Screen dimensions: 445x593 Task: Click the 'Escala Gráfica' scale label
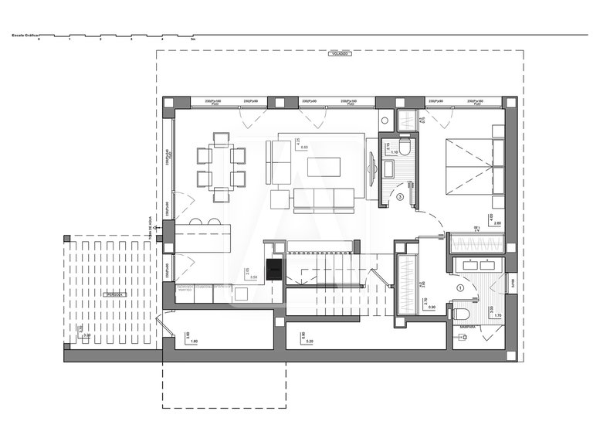(x=24, y=35)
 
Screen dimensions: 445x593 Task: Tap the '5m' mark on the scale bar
(x=193, y=39)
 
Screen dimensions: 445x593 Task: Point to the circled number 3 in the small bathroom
(x=399, y=197)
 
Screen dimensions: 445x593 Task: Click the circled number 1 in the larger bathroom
(x=460, y=287)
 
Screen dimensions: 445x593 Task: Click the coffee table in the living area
(x=323, y=167)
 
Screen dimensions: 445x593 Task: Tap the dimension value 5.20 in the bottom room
(x=309, y=341)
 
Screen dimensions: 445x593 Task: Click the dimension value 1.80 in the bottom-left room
(x=195, y=341)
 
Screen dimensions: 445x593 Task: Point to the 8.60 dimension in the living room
(x=304, y=147)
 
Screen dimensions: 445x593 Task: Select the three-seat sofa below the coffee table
(x=324, y=199)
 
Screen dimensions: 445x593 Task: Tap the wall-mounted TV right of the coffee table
(x=373, y=167)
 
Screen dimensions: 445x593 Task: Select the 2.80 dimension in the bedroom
(x=496, y=222)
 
